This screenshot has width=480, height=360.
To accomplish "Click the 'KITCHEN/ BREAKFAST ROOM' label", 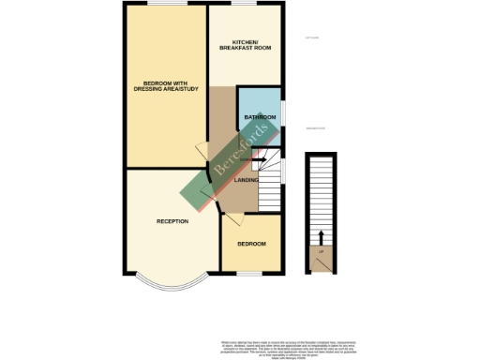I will [x=245, y=44].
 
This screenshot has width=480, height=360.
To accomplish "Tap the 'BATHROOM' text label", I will [x=258, y=118].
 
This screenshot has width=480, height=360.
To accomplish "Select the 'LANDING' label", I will [x=247, y=179].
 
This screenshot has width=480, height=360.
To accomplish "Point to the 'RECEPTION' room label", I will [x=173, y=221].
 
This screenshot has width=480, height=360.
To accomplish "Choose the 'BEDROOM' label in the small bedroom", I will [x=251, y=244].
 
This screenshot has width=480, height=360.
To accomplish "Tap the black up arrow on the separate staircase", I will [x=321, y=236].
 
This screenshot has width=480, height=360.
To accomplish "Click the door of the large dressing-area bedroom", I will [x=201, y=150].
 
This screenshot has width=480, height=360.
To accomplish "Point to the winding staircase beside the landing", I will [x=271, y=178].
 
